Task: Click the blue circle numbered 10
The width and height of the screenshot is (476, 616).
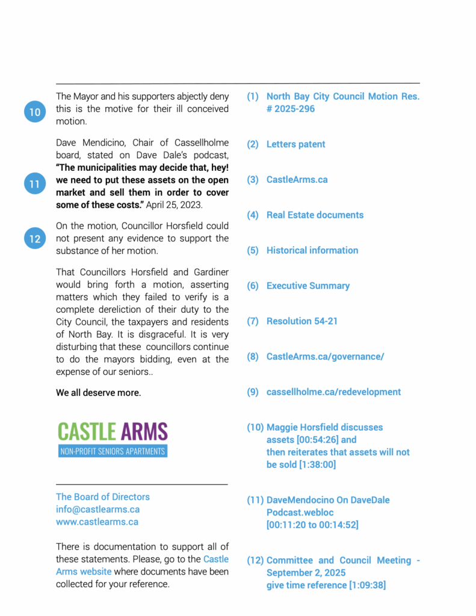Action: tap(35, 112)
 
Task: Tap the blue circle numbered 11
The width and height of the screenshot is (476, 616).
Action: tap(35, 183)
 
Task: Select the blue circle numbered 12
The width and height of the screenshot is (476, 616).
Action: tap(35, 238)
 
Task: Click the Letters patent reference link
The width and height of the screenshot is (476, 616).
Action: tap(295, 144)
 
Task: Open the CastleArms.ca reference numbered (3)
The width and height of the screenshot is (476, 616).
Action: tap(297, 180)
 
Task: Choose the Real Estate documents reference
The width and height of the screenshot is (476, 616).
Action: tap(315, 215)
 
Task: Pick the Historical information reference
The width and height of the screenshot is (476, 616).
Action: tap(312, 250)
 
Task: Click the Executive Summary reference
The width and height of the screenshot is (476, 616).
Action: tap(308, 286)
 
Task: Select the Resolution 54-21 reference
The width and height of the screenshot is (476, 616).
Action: tap(301, 321)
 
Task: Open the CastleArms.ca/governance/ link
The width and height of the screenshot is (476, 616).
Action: tap(325, 357)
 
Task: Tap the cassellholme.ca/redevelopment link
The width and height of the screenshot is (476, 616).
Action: tap(333, 392)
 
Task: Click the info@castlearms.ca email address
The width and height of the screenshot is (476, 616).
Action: tap(97, 510)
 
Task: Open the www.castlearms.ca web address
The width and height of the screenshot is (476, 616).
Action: tap(97, 522)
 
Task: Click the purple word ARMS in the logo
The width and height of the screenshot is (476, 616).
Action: tap(144, 431)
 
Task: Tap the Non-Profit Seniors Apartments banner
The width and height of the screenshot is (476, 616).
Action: tap(113, 451)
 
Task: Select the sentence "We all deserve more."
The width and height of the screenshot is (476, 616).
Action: tap(99, 393)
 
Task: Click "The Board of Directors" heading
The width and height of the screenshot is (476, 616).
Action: tap(103, 497)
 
